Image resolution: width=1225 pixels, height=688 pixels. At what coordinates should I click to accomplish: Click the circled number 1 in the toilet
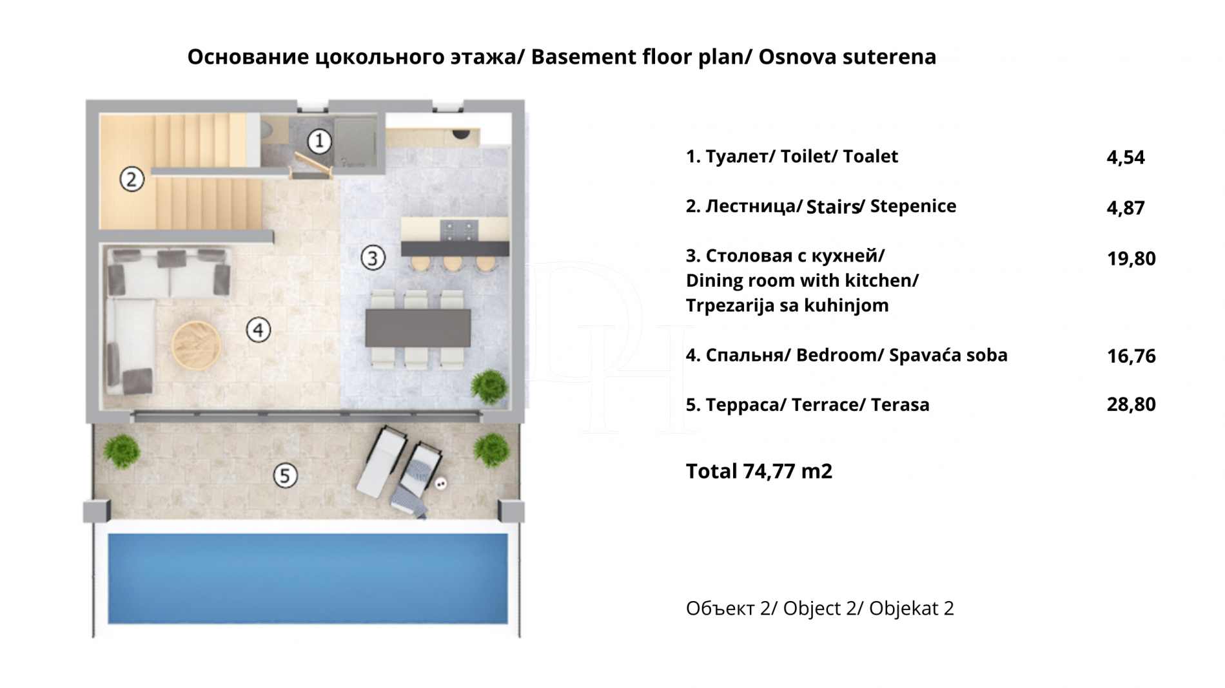click(319, 140)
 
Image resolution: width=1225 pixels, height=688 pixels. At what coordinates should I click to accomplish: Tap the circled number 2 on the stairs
click(132, 179)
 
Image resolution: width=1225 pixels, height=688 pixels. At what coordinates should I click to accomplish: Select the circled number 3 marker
click(373, 258)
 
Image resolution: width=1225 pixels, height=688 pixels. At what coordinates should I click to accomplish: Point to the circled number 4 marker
click(259, 330)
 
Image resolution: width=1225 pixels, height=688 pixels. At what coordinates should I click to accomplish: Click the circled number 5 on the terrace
click(285, 476)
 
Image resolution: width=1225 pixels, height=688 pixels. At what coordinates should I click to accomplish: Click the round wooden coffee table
click(197, 345)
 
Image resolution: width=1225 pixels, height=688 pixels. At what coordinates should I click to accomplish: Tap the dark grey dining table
click(418, 328)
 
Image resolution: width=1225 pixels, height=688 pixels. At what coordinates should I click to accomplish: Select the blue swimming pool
click(308, 578)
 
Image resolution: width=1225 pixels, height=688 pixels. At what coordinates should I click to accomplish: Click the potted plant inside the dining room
click(489, 387)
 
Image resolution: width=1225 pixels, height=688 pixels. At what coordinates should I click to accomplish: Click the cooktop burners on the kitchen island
click(459, 229)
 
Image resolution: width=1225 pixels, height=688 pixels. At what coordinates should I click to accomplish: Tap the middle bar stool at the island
click(452, 263)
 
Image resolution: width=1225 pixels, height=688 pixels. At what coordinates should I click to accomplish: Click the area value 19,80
click(1131, 259)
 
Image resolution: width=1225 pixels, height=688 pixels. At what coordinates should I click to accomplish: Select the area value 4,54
click(1125, 158)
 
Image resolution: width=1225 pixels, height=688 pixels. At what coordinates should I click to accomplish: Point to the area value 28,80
click(1131, 405)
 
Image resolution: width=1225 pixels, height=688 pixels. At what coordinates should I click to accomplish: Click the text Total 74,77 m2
click(759, 472)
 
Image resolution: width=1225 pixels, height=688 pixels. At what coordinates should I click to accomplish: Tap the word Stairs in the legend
click(832, 207)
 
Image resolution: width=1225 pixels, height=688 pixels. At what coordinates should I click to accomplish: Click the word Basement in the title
click(584, 57)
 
